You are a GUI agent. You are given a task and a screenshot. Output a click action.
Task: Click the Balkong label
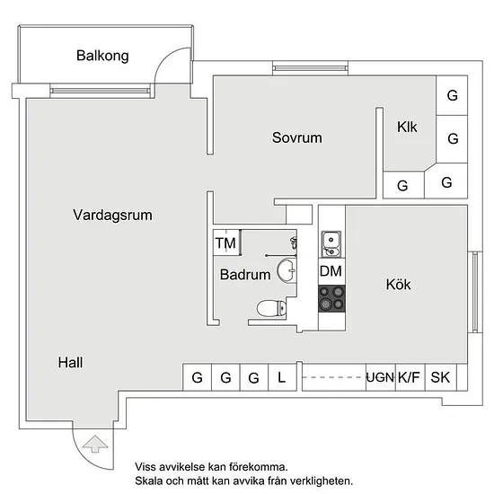[102, 56]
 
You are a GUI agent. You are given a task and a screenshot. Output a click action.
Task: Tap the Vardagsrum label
[112, 216]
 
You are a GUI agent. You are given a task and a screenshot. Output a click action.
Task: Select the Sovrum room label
[297, 137]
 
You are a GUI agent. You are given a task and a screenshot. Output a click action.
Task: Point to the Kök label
[398, 284]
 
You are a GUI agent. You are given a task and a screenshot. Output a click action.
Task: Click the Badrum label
[245, 275]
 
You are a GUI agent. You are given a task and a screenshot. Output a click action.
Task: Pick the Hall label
[71, 362]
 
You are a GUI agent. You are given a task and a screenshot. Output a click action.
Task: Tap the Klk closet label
[407, 127]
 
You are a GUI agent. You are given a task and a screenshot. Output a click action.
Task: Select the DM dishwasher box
[331, 271]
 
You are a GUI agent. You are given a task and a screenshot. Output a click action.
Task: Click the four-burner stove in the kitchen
[331, 299]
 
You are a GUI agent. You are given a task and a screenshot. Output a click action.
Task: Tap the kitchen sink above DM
[331, 244]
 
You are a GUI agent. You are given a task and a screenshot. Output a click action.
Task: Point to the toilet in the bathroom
[271, 308]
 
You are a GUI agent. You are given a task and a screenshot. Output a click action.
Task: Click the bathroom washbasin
[287, 270]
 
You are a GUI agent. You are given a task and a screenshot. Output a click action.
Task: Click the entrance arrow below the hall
[95, 445]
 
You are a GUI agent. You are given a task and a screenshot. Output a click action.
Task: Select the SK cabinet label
[440, 377]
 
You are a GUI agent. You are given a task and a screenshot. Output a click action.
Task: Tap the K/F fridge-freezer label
[409, 377]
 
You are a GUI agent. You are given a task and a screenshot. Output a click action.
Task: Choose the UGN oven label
[380, 377]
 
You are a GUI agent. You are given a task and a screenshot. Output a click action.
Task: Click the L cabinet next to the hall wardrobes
[282, 377]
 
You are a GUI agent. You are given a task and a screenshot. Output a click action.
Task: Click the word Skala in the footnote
[149, 481]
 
